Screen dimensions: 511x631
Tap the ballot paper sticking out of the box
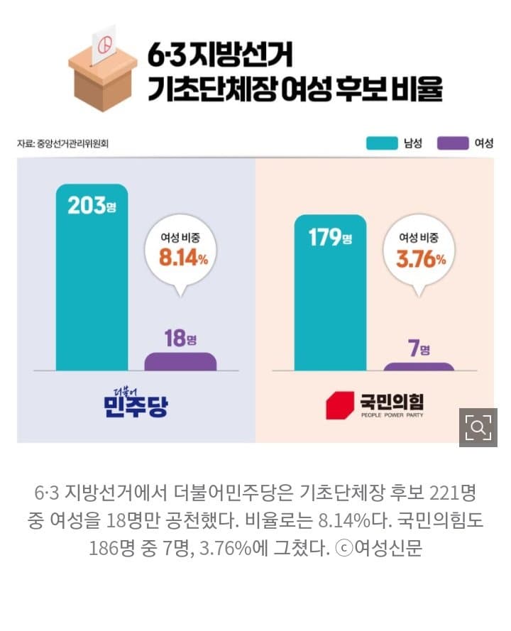pos(104,44)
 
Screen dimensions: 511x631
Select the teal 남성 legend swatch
pos(381,143)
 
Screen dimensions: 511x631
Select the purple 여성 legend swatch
pos(453,143)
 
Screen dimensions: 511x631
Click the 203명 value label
pos(92,205)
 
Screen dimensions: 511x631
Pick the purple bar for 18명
pos(180,361)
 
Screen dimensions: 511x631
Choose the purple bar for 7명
pos(419,366)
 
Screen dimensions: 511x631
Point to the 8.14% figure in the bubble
pos(184,258)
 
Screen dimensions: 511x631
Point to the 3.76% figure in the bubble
pos(421,259)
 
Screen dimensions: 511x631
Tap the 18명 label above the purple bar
pos(180,338)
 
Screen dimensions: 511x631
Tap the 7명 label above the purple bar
pos(419,348)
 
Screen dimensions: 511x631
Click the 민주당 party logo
pos(136,402)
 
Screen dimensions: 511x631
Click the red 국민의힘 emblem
pos(339,405)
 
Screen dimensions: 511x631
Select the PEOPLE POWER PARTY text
pos(392,415)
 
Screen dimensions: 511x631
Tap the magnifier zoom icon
pos(478,427)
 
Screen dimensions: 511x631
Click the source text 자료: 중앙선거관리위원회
pos(62,143)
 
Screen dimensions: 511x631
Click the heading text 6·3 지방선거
pos(220,55)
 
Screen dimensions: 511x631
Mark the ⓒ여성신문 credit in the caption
pos(378,548)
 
